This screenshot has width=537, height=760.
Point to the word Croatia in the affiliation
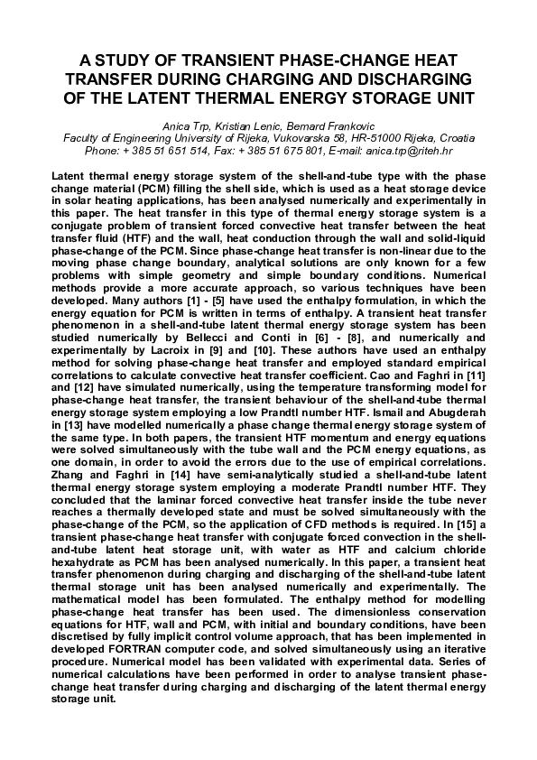point(453,138)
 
